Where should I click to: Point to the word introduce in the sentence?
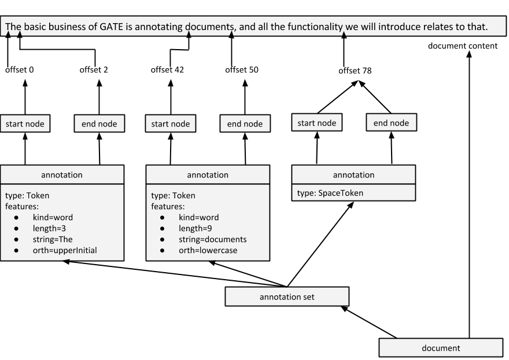[x=399, y=27]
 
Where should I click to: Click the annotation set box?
[x=287, y=297]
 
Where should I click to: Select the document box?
[x=441, y=348]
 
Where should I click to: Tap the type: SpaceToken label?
[x=330, y=193]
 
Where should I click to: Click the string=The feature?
[x=53, y=239]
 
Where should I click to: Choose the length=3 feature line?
[x=49, y=228]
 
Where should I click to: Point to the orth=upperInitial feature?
[x=65, y=250]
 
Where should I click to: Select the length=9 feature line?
[x=195, y=228]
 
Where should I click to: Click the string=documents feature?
[x=212, y=239]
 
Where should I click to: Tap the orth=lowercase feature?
[x=208, y=250]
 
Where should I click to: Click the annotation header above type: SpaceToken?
[x=353, y=175]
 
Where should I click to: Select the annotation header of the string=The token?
[x=62, y=175]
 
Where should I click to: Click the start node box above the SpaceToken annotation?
[x=316, y=123]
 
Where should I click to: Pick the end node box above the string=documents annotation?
[x=245, y=124]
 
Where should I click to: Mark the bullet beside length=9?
[x=163, y=228]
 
